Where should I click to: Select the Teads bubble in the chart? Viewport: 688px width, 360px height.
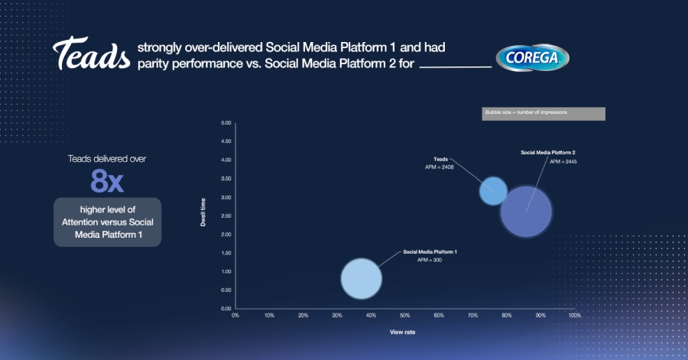(x=493, y=190)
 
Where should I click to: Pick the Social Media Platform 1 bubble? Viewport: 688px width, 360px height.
(x=361, y=278)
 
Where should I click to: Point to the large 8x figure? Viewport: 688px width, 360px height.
(x=107, y=181)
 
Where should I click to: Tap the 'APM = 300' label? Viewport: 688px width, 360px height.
(x=429, y=261)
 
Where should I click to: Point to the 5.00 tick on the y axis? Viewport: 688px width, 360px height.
(x=226, y=123)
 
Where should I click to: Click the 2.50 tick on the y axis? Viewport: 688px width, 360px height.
(x=226, y=216)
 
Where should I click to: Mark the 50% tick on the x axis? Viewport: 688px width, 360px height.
(x=404, y=315)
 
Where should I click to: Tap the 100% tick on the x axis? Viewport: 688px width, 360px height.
(x=574, y=315)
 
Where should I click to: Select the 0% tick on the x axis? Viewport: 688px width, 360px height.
(x=235, y=315)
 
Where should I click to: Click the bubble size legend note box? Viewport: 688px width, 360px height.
(x=544, y=113)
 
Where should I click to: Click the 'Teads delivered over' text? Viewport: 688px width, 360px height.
(x=107, y=159)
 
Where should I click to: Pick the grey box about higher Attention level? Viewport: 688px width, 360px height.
(x=107, y=222)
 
